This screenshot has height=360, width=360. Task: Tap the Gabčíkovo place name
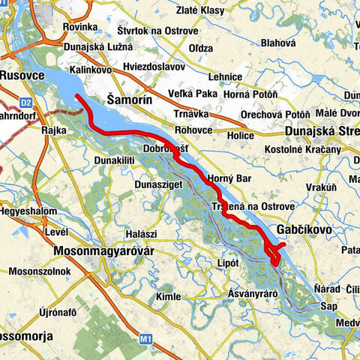point(308,229)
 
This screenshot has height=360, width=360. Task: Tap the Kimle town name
point(166,297)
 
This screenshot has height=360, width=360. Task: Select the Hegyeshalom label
point(28,211)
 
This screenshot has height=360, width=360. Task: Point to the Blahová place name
point(278,43)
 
